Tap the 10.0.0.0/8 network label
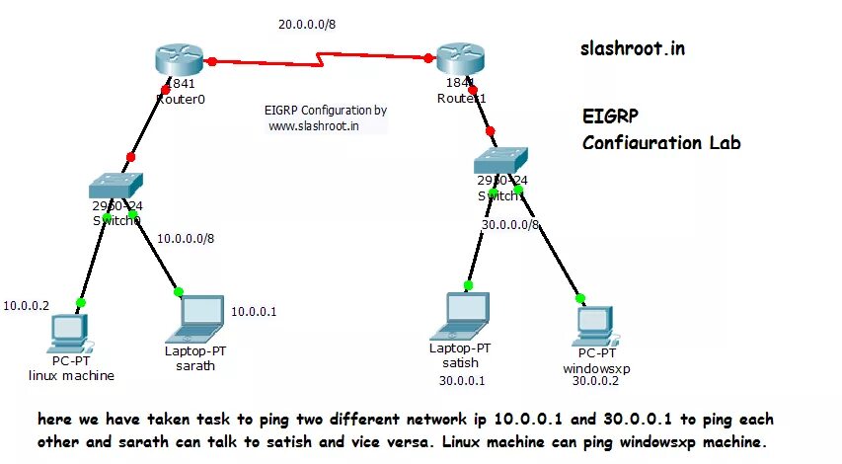[186, 238]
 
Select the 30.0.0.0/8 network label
[510, 224]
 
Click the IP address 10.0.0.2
[28, 306]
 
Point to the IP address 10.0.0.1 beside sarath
[254, 312]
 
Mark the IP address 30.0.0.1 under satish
[462, 380]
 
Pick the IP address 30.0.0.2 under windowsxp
[595, 380]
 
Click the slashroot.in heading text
[631, 46]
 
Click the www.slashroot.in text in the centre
[313, 125]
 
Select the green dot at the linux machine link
[81, 302]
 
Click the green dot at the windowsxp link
[580, 297]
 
